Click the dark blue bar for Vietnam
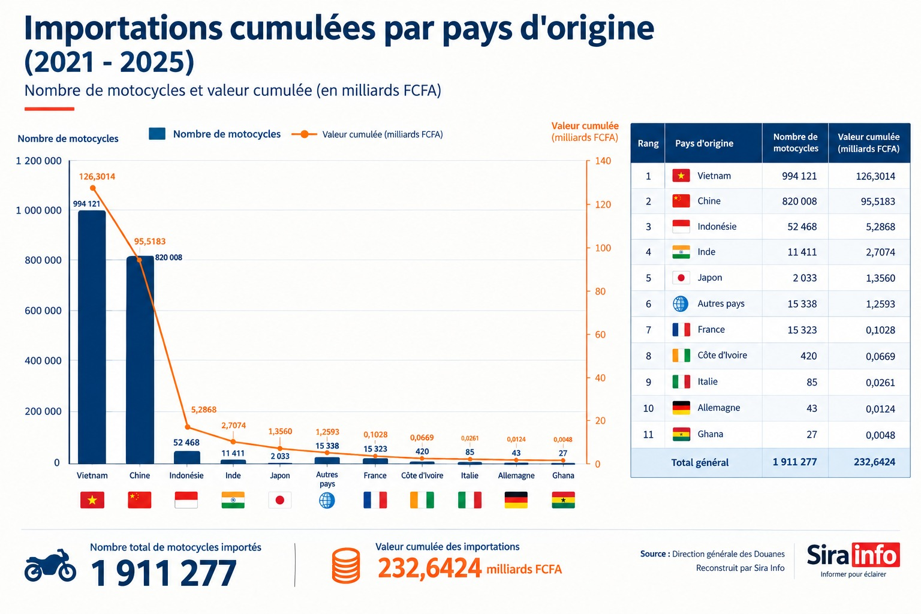92,337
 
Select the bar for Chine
140,360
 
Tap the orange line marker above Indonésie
188,427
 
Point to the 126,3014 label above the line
97,176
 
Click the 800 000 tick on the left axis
43,260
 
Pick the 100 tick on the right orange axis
603,248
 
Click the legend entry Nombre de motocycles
215,134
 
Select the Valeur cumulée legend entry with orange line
367,134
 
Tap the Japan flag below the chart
279,499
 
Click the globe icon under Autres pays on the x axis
327,500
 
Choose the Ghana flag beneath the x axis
563,499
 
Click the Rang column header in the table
648,143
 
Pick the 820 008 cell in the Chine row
799,201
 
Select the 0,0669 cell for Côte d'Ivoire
880,356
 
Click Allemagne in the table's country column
719,408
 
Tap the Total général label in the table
700,463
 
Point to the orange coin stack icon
346,565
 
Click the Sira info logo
853,559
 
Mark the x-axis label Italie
469,475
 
